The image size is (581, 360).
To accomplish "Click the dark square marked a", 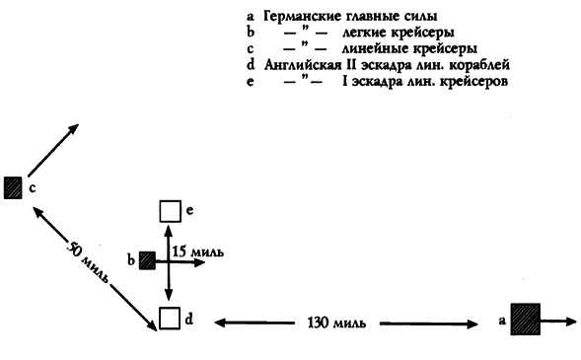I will (x=525, y=320).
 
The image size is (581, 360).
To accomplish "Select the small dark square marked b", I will (x=146, y=260).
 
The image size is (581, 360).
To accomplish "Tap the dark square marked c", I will (x=13, y=187).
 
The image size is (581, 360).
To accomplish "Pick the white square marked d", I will (x=169, y=319).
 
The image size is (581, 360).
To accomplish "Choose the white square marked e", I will (x=170, y=211).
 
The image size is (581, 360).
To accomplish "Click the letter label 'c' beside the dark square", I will (x=32, y=185).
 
